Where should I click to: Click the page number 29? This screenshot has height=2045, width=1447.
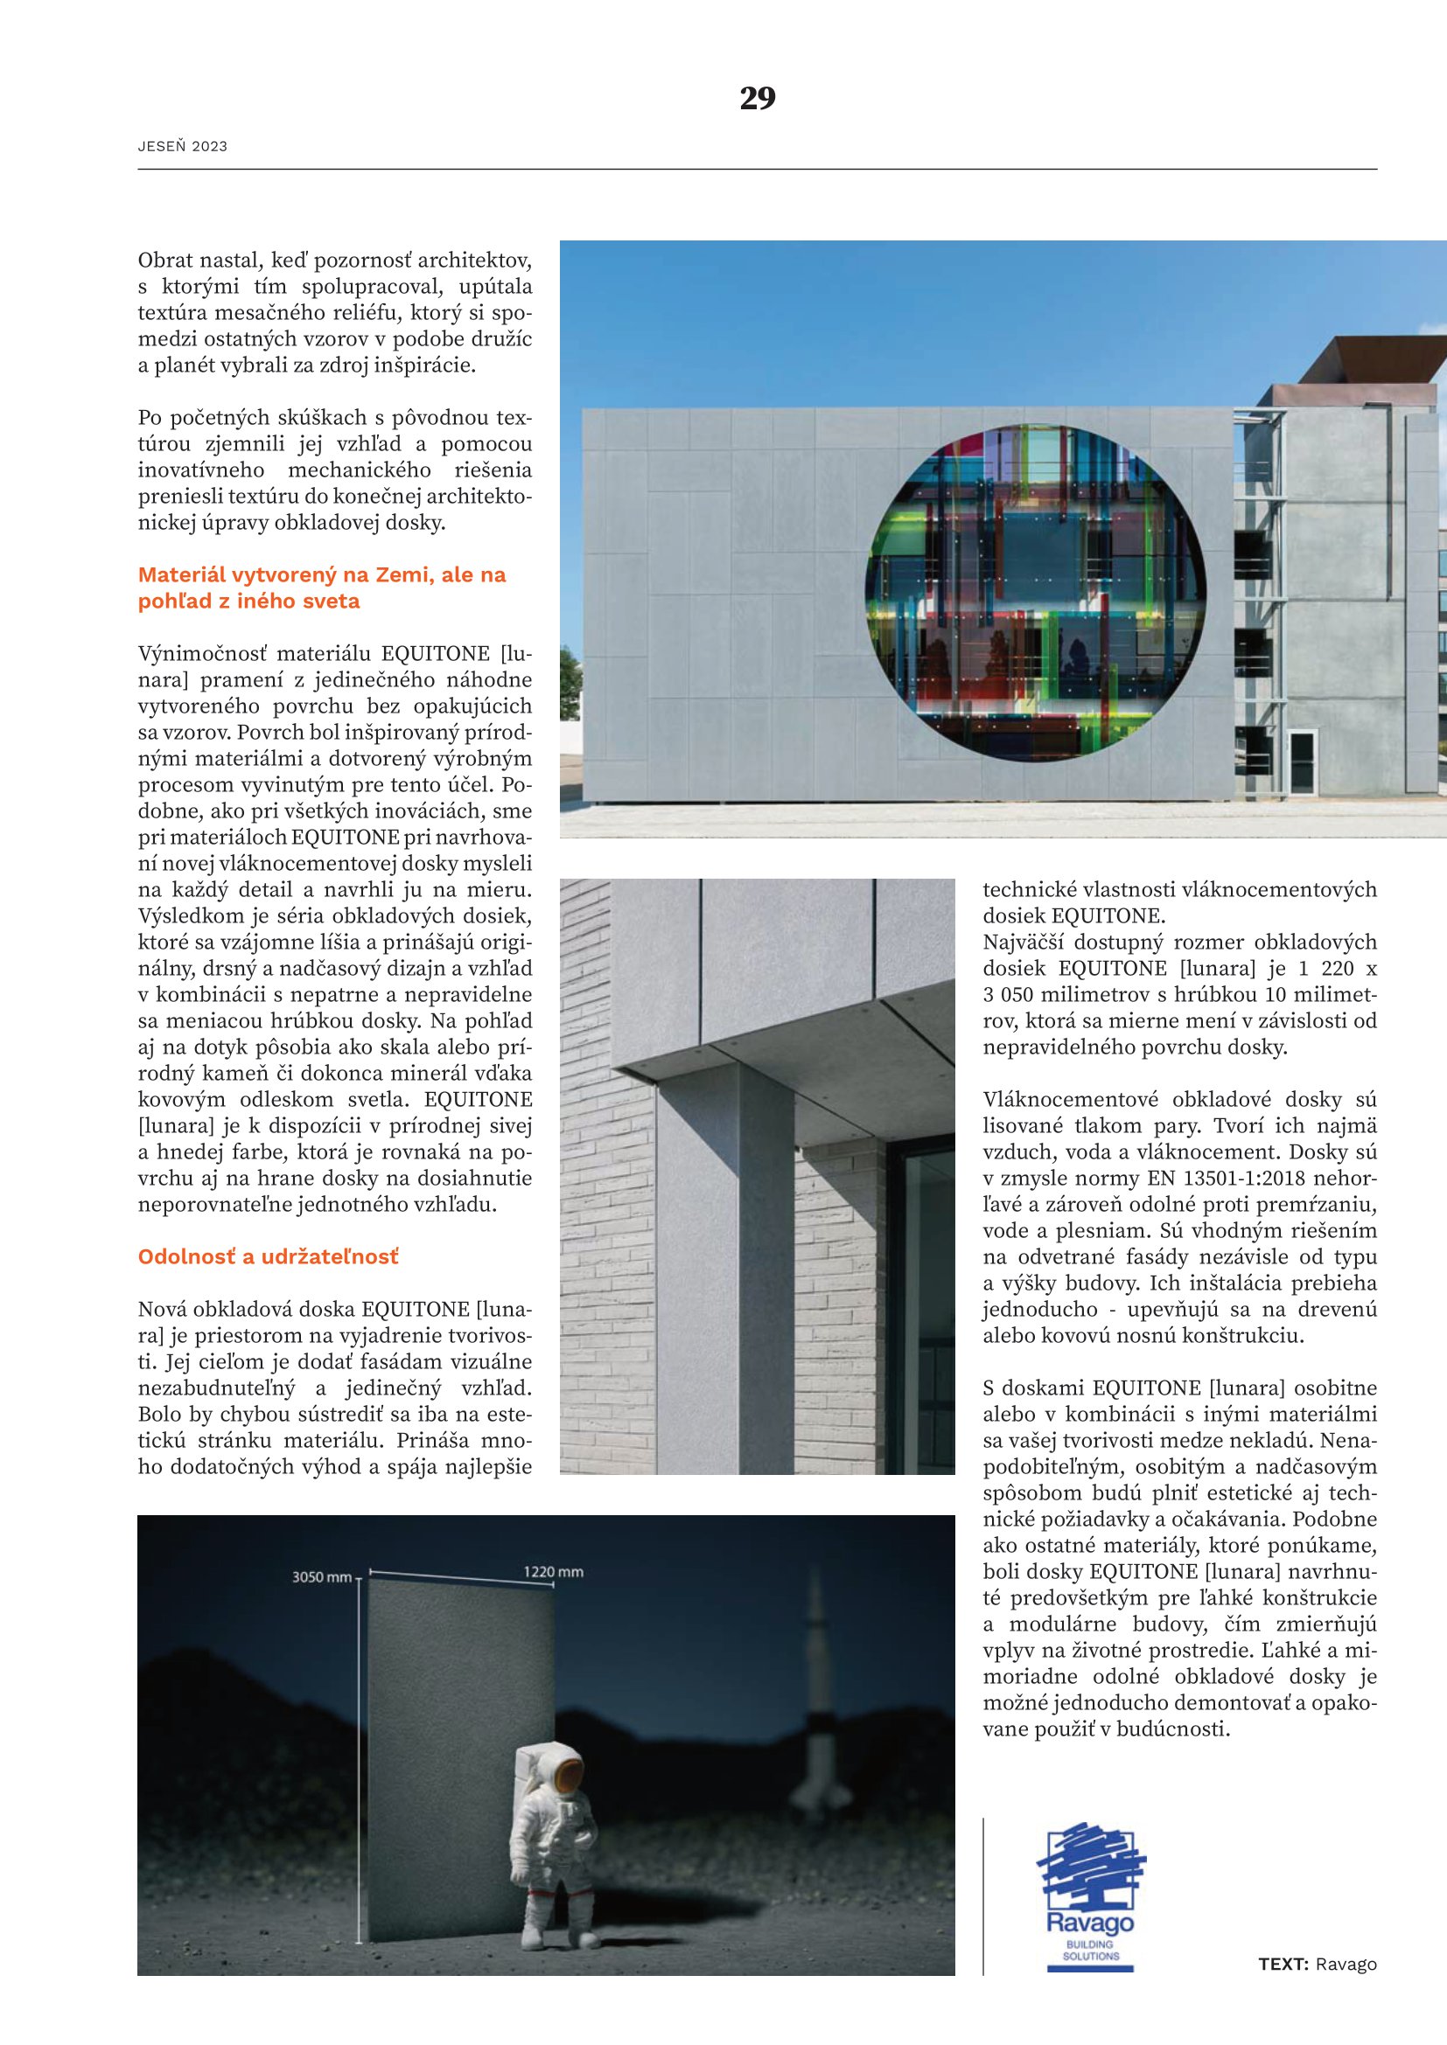tap(758, 98)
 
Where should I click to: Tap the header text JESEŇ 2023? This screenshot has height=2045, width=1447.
tap(183, 147)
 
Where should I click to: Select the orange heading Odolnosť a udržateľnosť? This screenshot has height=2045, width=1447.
tap(269, 1256)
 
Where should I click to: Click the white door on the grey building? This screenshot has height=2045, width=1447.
tap(1303, 762)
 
